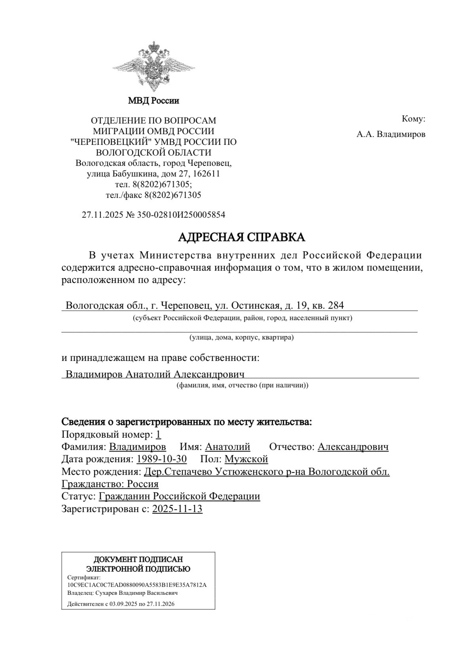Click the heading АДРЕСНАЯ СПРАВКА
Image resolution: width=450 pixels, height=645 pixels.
click(x=242, y=237)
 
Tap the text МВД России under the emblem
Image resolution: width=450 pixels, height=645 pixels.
click(x=154, y=101)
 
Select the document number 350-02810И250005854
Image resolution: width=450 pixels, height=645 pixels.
click(x=181, y=215)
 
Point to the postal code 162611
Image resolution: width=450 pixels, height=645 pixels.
click(x=207, y=174)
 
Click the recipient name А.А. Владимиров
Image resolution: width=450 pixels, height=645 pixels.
click(x=391, y=134)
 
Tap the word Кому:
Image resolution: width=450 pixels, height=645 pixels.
click(x=413, y=119)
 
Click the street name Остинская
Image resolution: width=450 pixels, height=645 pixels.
click(x=256, y=305)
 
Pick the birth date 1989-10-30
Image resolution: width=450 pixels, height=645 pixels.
click(x=161, y=459)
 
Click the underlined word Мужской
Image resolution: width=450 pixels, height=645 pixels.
click(x=246, y=459)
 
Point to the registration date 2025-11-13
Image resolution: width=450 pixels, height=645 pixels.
click(x=177, y=509)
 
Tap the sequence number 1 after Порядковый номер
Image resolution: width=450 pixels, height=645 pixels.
click(x=158, y=434)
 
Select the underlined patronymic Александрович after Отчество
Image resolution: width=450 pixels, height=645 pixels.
click(x=353, y=447)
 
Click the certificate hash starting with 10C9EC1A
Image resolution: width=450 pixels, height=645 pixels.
click(x=137, y=585)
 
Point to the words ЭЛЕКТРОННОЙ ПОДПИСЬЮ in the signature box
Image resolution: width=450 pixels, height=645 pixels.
click(x=138, y=569)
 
